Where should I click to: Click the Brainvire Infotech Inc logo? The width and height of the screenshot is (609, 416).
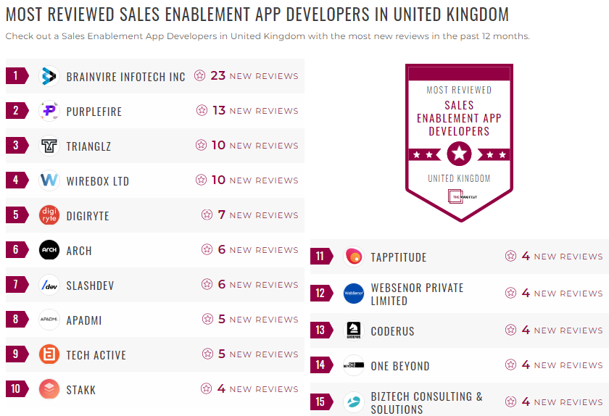(49, 76)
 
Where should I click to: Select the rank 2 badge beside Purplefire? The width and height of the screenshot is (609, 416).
(16, 111)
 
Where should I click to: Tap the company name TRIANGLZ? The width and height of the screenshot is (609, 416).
(88, 146)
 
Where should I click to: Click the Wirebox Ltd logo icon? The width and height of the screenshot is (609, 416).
(49, 180)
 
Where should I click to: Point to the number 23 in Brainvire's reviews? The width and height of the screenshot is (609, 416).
(217, 75)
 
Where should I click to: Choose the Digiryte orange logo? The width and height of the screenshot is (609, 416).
(49, 215)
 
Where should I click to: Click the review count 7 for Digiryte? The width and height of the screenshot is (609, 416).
(222, 215)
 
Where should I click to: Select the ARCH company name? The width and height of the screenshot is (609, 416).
(79, 251)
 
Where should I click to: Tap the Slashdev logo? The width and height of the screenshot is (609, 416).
(49, 285)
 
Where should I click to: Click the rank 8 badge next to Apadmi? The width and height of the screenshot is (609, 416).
(16, 320)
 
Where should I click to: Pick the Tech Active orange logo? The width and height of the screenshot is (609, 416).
(49, 354)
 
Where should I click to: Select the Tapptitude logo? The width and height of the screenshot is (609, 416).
(354, 257)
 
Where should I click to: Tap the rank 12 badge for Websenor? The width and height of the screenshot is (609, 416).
(320, 293)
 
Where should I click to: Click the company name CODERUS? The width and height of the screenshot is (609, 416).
(392, 331)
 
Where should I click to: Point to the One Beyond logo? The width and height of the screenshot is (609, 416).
(354, 365)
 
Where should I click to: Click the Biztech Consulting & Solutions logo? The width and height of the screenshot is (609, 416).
(354, 402)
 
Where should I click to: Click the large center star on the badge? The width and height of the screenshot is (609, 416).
(459, 154)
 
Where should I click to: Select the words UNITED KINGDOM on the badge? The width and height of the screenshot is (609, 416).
(459, 178)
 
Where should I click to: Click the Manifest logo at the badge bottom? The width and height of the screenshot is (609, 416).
(459, 196)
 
